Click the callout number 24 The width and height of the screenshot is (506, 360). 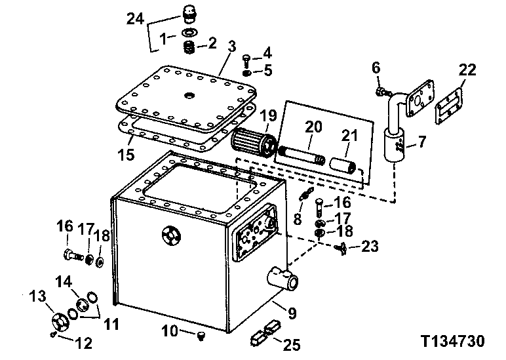[136, 20]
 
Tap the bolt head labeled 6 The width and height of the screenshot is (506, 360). [379, 90]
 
